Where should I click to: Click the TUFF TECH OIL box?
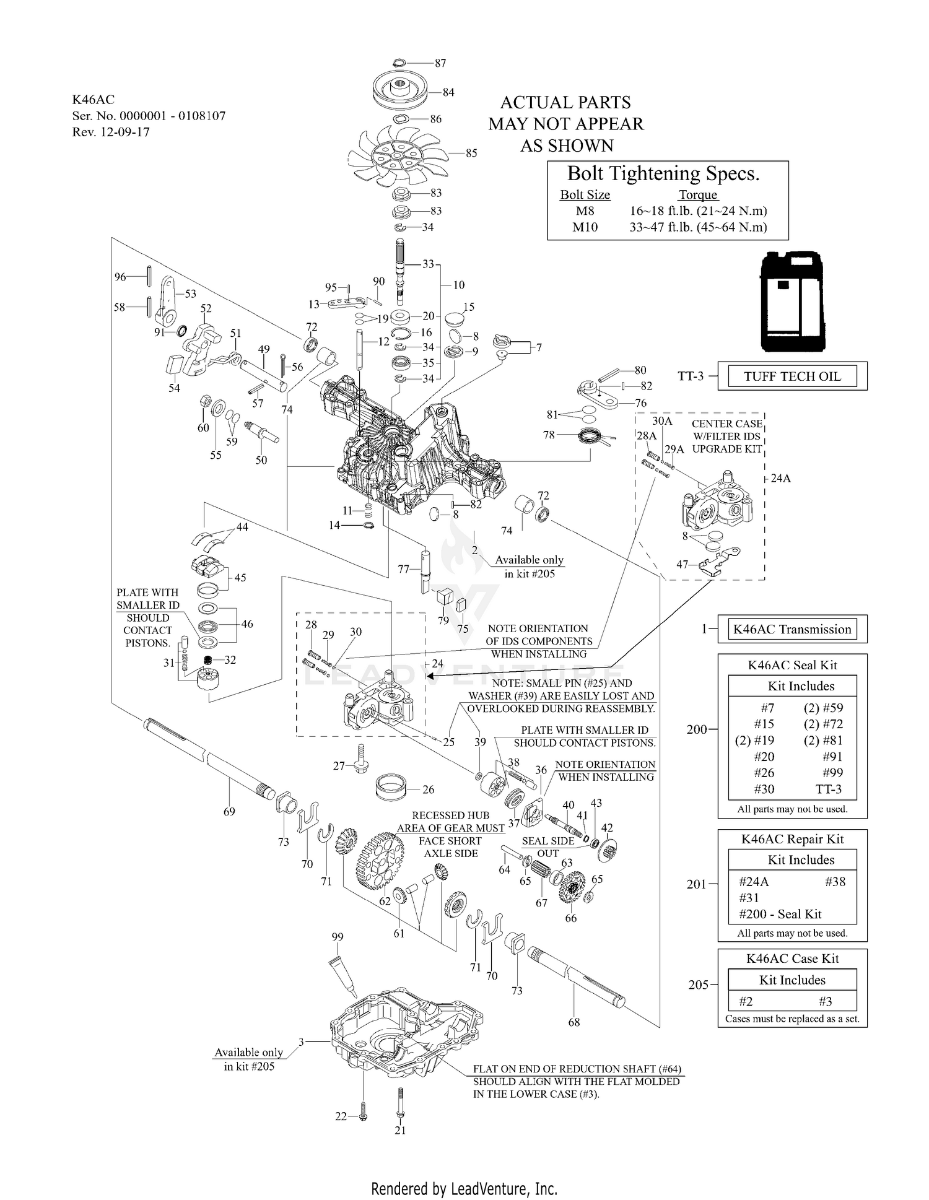tap(792, 376)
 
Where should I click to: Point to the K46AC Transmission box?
tap(792, 629)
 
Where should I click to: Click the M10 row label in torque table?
tap(585, 227)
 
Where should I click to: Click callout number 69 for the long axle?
tap(229, 811)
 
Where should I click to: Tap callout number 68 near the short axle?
tap(574, 1022)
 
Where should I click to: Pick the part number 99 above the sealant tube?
tap(338, 937)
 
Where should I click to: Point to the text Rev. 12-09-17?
tap(111, 132)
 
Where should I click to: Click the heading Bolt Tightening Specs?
tap(663, 173)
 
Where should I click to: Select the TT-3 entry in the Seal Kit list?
tap(829, 789)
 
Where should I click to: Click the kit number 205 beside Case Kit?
tap(698, 985)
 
